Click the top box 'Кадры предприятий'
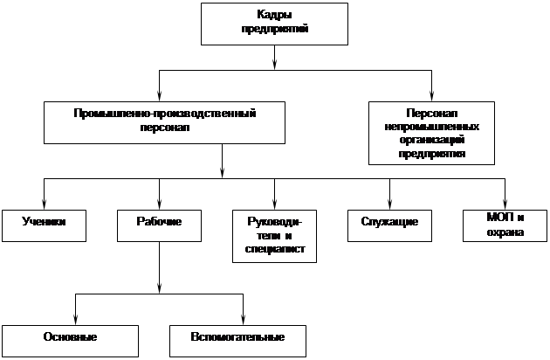click(275, 24)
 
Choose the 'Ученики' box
click(45, 224)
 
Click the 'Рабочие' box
click(160, 224)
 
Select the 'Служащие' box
click(389, 224)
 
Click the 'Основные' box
click(70, 338)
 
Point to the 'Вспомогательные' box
click(238, 337)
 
